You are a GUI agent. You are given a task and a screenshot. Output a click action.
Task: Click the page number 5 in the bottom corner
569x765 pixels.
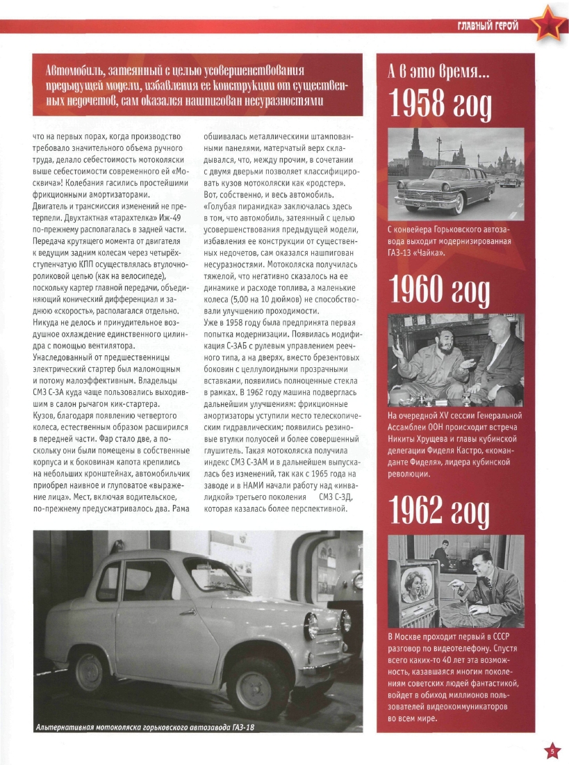click(x=551, y=750)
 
